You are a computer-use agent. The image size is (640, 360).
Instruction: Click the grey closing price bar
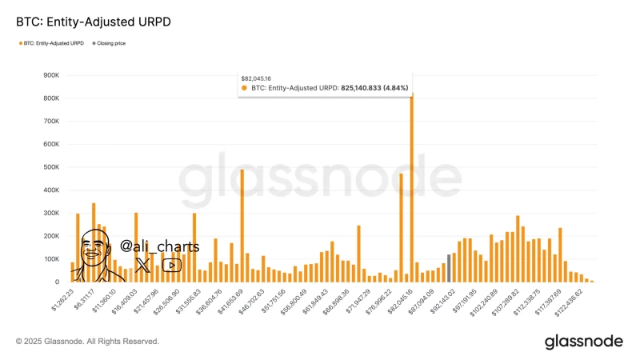click(449, 268)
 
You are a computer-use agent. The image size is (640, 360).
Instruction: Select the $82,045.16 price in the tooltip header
click(257, 78)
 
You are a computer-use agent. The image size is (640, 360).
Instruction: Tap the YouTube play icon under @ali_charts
click(171, 265)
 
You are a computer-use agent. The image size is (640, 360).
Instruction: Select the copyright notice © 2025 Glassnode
click(87, 342)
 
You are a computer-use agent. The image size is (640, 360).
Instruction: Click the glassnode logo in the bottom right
click(583, 342)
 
